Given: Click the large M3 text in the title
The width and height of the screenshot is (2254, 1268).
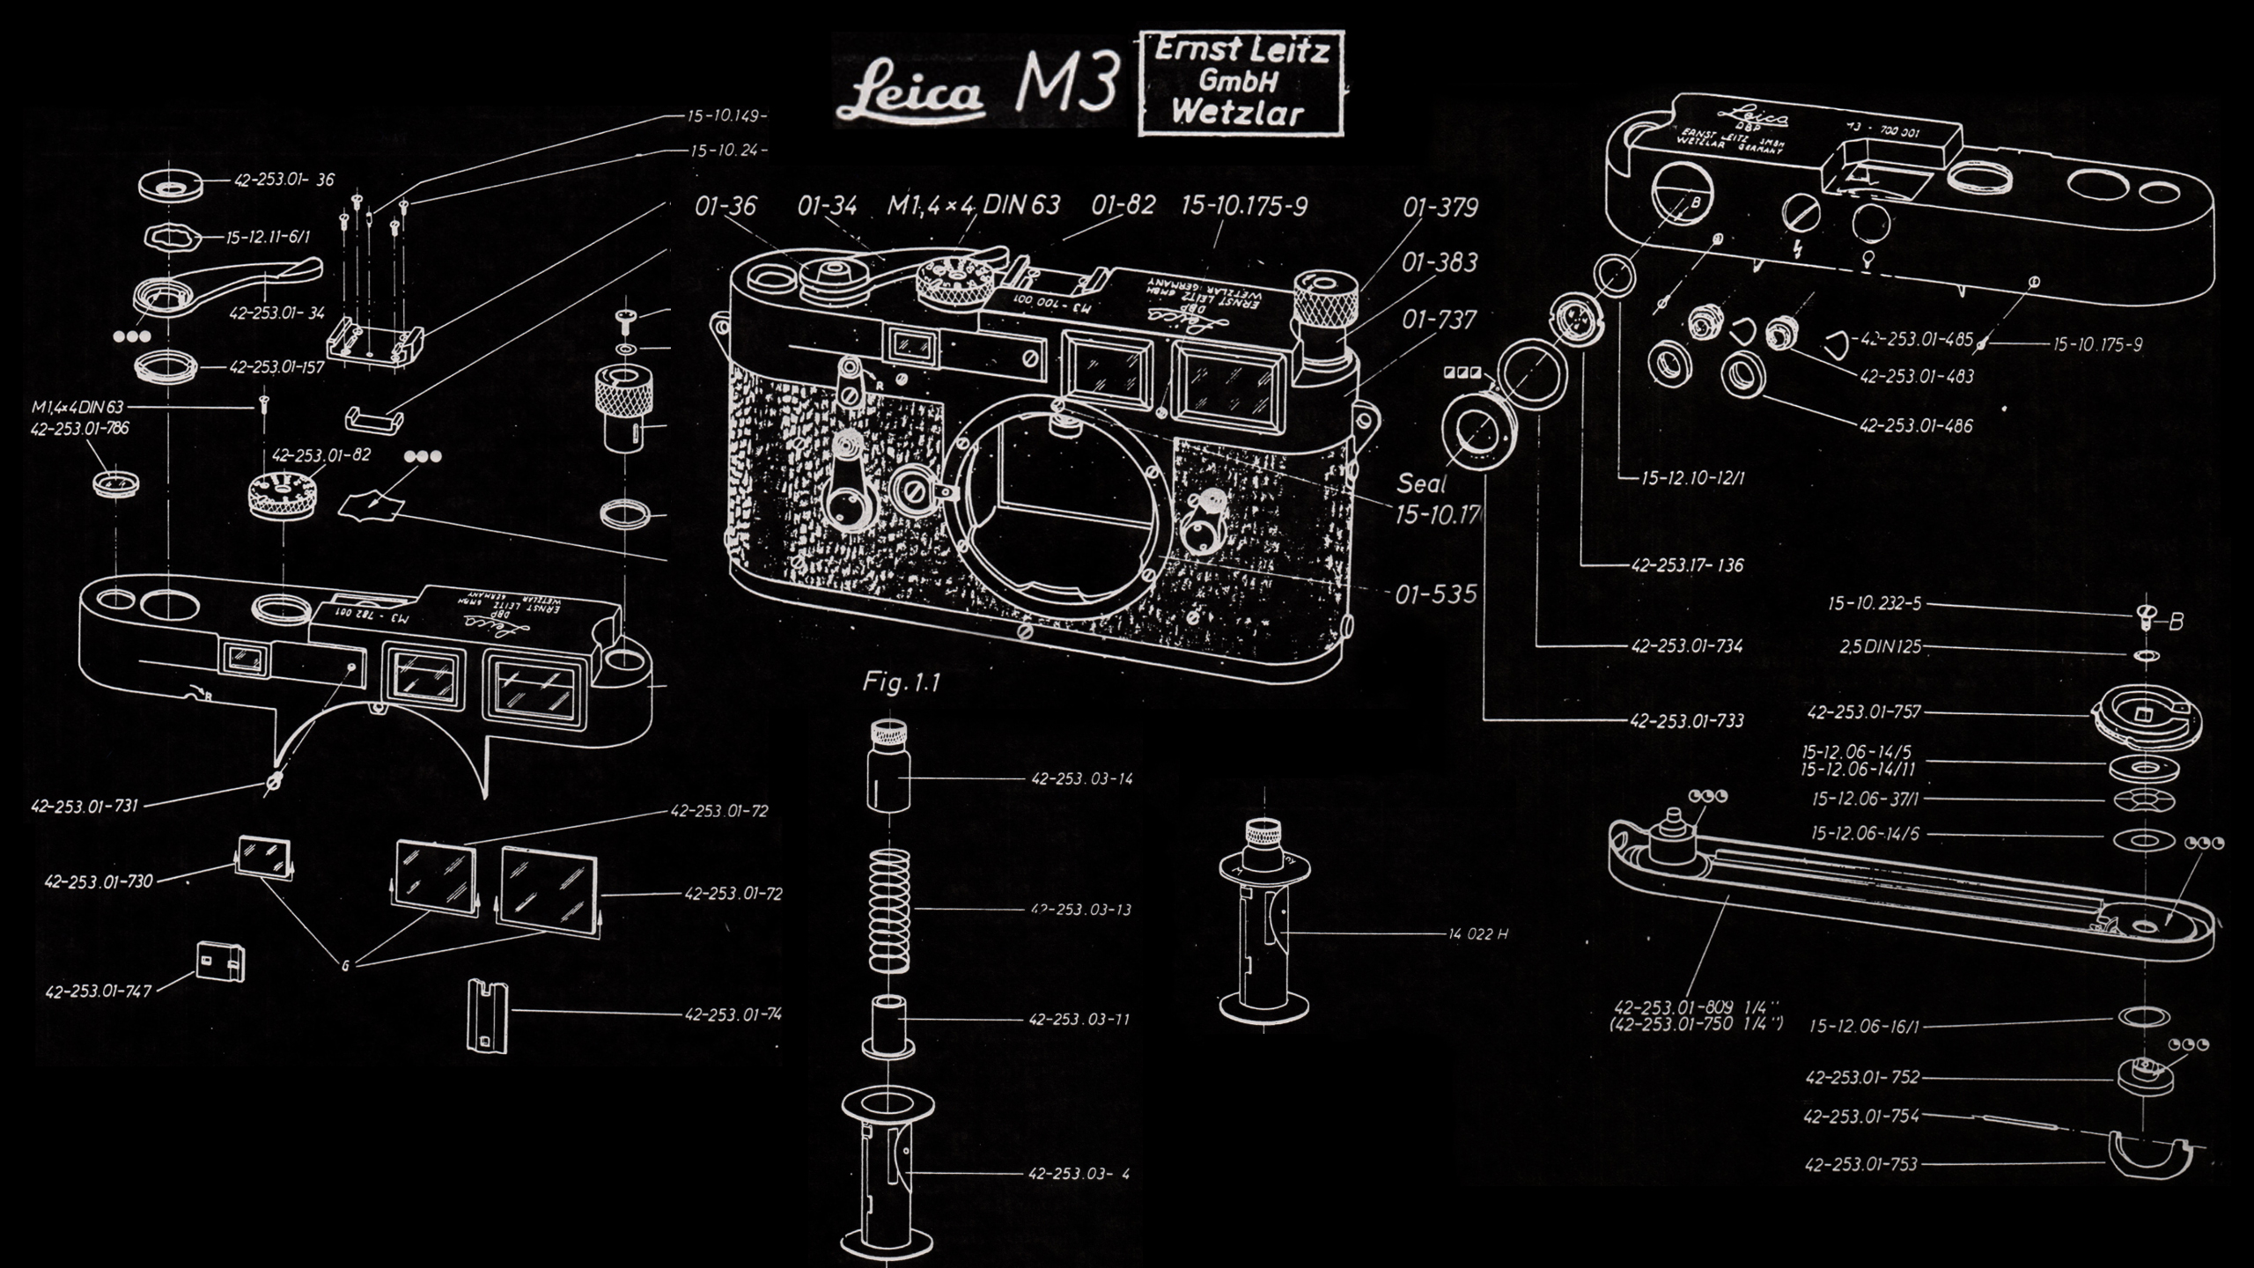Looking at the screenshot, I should [x=1067, y=82].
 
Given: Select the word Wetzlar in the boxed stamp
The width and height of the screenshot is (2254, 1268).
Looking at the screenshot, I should [x=1238, y=114].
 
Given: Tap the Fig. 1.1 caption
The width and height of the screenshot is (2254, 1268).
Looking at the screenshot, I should [x=902, y=682].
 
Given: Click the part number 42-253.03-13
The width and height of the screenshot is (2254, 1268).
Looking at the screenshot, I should [x=1080, y=910].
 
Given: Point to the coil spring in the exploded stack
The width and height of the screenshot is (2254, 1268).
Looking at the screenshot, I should [x=889, y=910].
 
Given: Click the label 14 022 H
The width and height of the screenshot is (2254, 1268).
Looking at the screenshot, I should [x=1477, y=934].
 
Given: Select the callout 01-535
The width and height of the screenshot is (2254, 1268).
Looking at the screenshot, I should [x=1436, y=594].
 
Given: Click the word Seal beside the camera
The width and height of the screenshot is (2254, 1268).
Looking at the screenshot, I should [x=1421, y=483].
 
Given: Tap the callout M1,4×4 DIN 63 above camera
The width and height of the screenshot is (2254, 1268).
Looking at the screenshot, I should [x=973, y=206].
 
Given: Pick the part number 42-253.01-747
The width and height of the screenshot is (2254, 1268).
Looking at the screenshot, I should [x=99, y=992].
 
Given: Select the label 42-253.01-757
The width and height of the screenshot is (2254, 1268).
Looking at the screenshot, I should [x=1864, y=712].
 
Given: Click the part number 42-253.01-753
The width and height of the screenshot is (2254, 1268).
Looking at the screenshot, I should [x=1860, y=1165].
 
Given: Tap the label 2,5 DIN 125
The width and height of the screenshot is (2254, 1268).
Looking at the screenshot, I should [x=1880, y=647].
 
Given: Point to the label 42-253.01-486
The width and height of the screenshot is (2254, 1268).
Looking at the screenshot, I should [x=1916, y=426].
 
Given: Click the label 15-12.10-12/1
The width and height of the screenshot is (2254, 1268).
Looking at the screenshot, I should [x=1692, y=479].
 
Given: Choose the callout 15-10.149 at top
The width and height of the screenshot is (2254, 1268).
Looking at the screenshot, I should [x=726, y=115].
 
